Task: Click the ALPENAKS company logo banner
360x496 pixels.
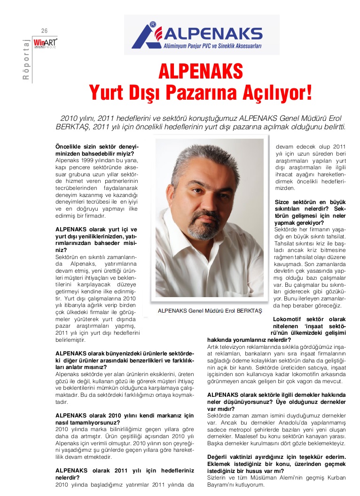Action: coord(202,35)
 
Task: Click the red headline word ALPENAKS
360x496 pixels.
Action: coord(201,72)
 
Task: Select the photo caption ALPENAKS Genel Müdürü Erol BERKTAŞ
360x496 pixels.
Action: coord(210,311)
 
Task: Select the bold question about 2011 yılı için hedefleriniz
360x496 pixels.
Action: coord(125,474)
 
